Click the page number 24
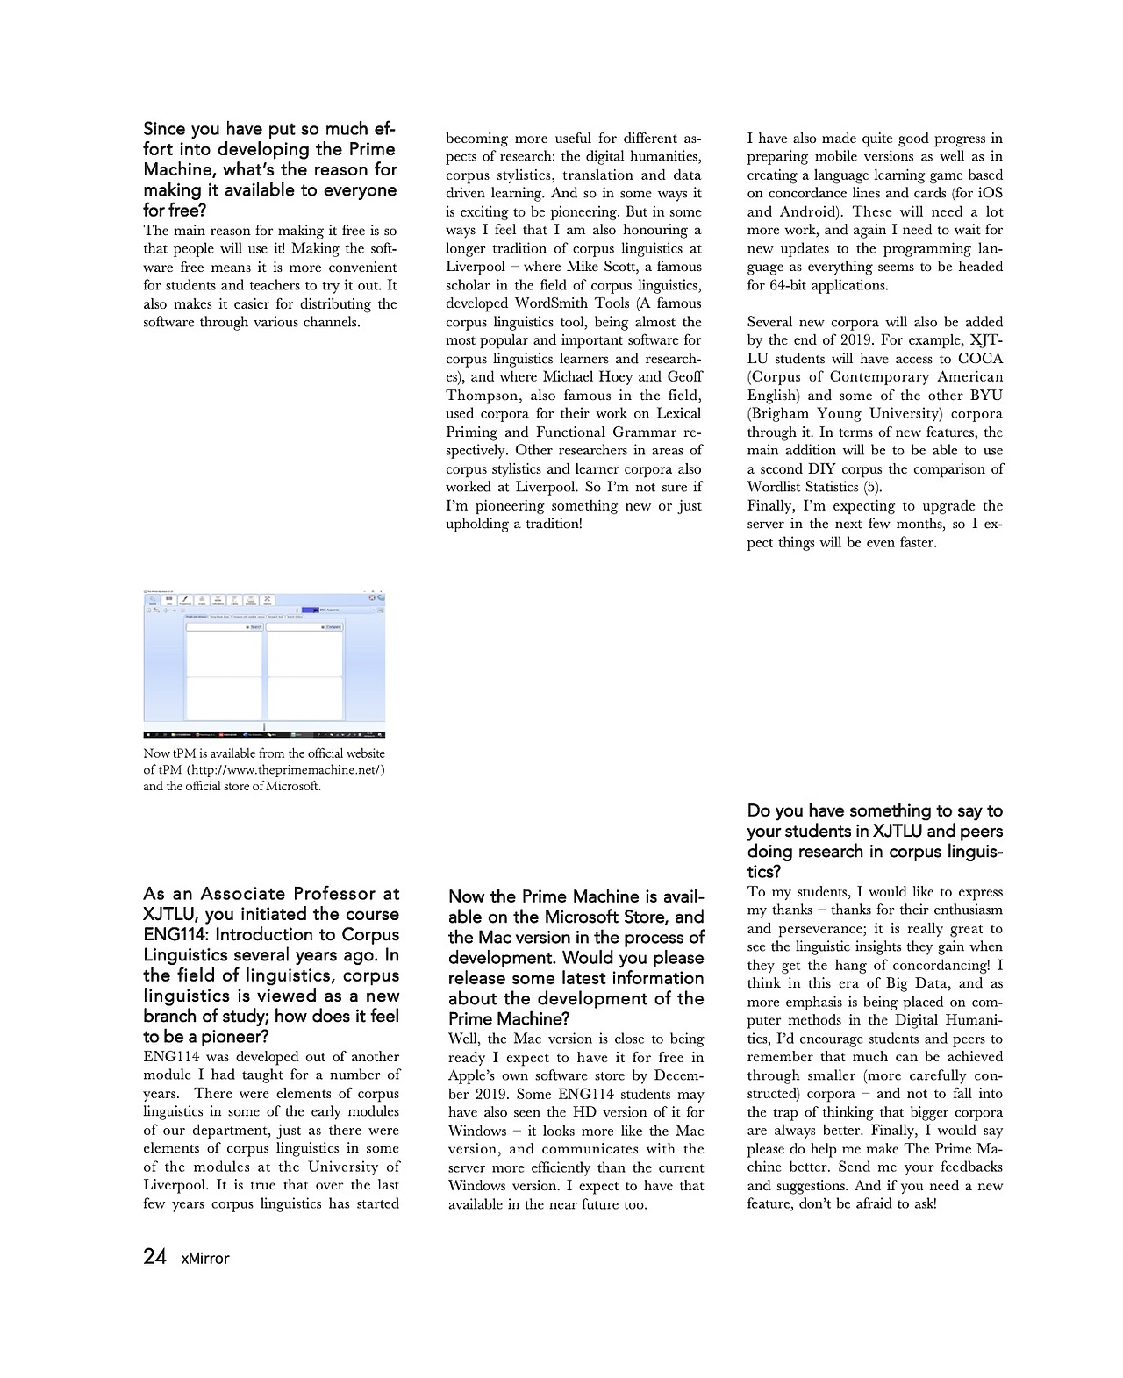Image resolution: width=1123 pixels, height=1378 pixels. [154, 1256]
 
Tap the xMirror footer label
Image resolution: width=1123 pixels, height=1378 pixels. [204, 1258]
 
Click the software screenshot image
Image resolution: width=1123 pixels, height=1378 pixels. [264, 665]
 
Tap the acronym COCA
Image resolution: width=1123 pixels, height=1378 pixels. [980, 358]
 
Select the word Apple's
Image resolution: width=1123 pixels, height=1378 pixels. [477, 1075]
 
